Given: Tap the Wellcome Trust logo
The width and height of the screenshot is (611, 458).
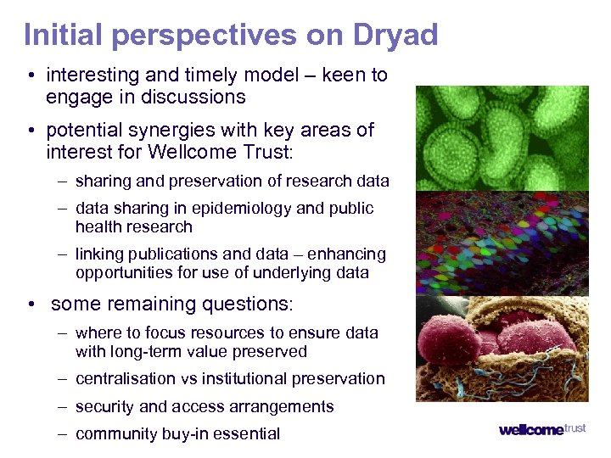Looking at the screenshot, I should pos(541,429).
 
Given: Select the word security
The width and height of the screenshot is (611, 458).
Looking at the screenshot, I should pos(105,406).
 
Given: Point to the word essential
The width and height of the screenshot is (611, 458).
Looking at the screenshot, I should pos(248,434).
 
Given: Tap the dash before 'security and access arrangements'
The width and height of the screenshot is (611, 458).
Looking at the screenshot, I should pos(63,406).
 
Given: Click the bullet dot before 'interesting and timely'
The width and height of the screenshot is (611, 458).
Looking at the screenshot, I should pos(30,75).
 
